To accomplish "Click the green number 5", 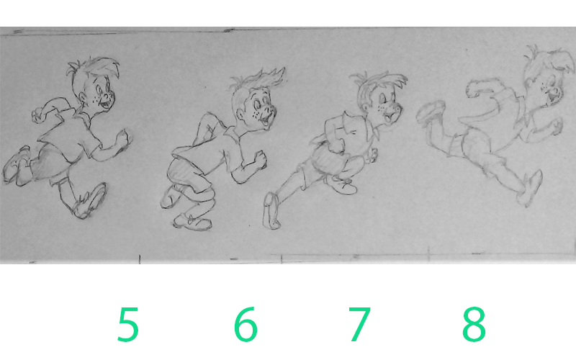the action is click(x=128, y=325).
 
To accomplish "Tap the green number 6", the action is click(x=246, y=325).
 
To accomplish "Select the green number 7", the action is click(x=359, y=325).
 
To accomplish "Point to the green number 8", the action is click(x=474, y=325).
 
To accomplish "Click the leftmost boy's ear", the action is click(x=83, y=96).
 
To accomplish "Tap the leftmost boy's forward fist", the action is click(x=122, y=138).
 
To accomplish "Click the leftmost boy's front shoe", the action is click(x=90, y=202).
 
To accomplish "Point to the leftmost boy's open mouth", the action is click(x=107, y=104).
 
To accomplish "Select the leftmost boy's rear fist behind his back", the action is click(x=38, y=115).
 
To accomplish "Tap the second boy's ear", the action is click(x=241, y=114).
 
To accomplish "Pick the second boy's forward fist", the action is click(x=260, y=160).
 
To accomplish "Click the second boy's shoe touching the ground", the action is click(x=192, y=222).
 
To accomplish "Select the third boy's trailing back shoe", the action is click(x=271, y=210).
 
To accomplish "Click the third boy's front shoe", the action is click(x=343, y=186).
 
